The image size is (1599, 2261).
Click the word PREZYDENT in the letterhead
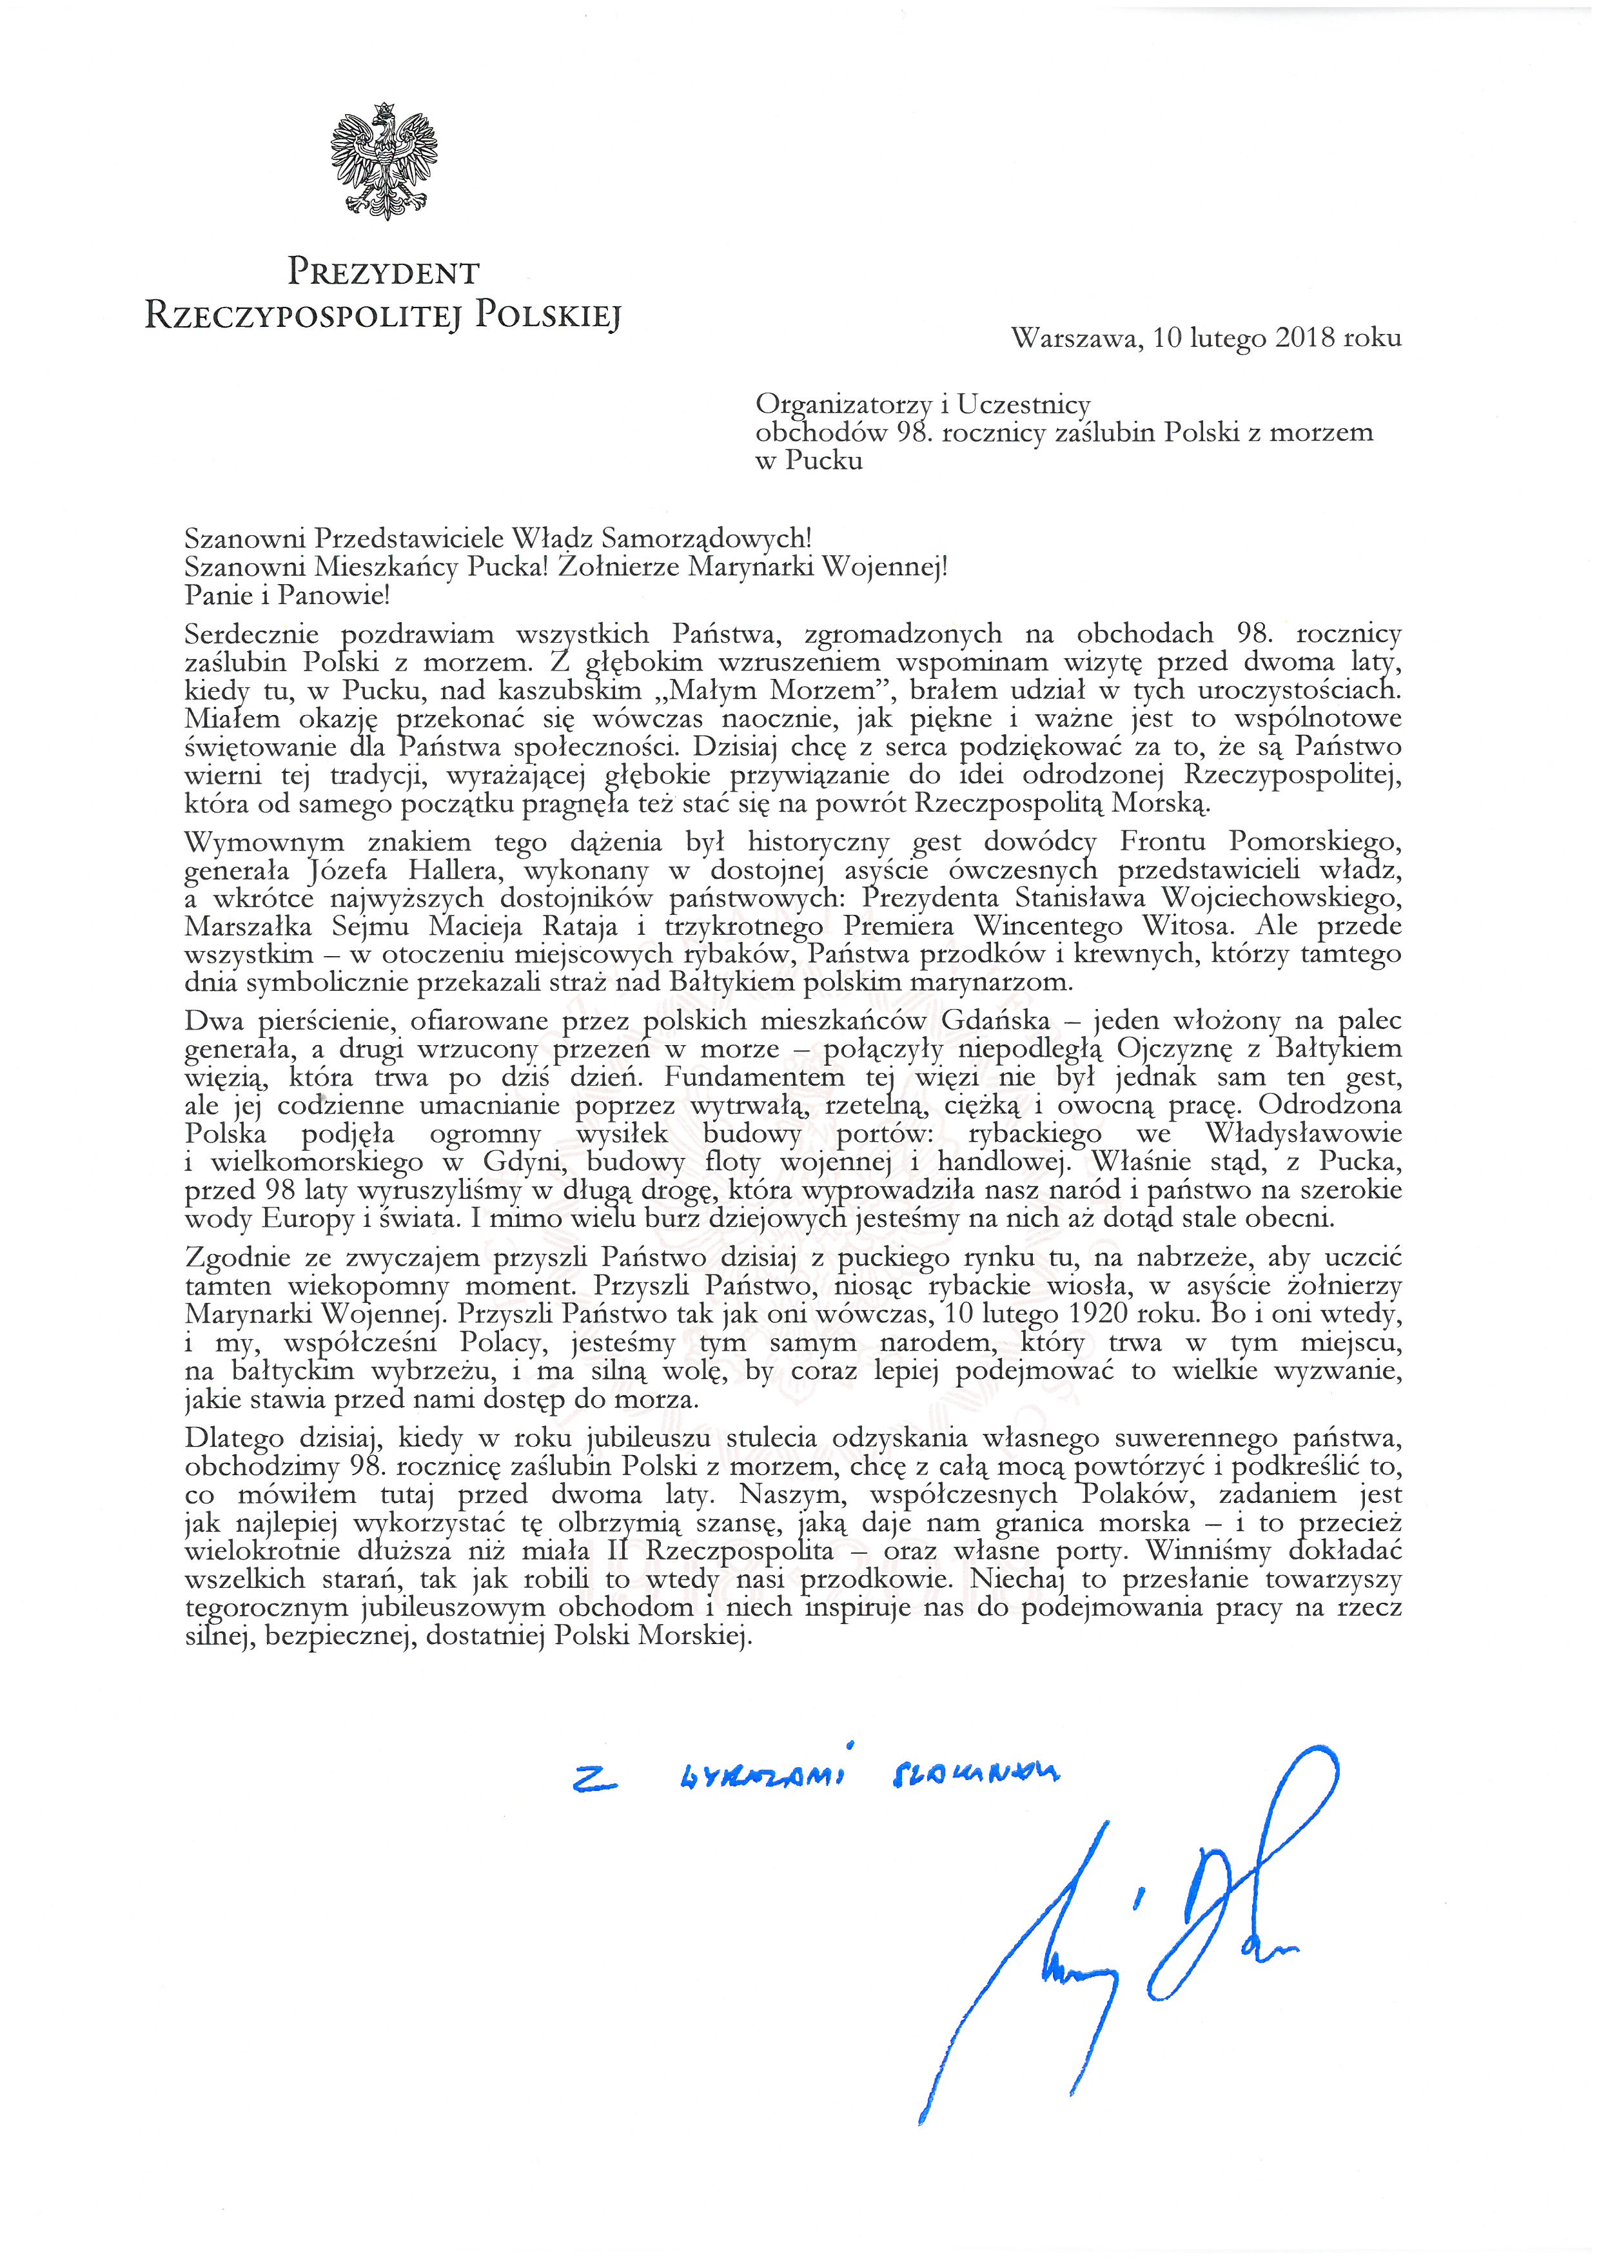tap(383, 272)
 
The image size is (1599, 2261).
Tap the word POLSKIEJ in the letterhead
tap(549, 315)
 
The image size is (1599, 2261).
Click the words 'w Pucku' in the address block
tap(809, 461)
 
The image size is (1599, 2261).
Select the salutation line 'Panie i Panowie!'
tap(288, 595)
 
